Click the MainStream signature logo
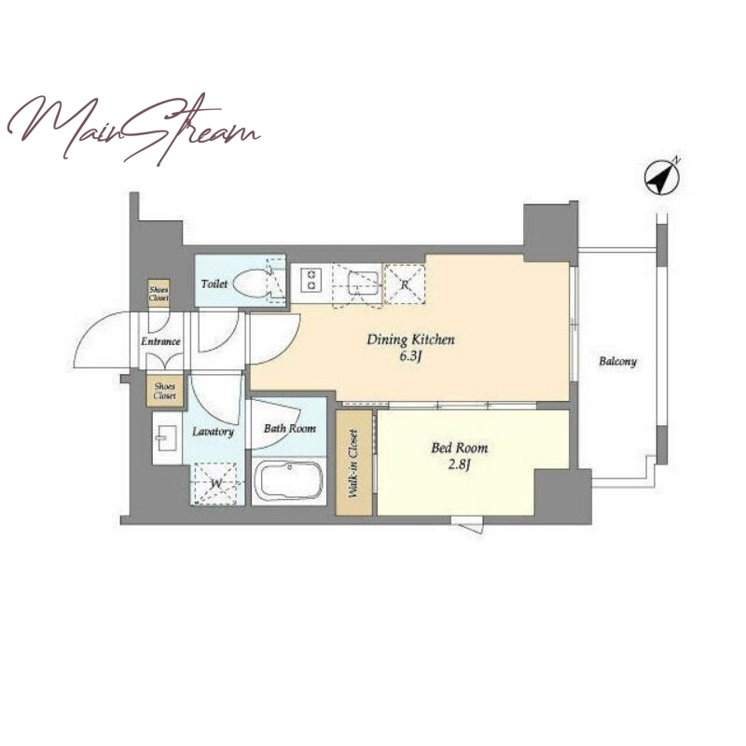point(133,129)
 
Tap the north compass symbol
point(662,176)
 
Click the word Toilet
point(214,284)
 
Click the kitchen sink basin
point(363,284)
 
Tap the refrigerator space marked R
point(405,283)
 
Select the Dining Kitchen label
point(410,339)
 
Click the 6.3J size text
point(411,357)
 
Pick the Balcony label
point(617,362)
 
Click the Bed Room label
point(459,448)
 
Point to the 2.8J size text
point(459,464)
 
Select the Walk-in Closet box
point(354,463)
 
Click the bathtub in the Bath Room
point(288,480)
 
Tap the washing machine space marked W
point(215,483)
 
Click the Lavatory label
point(214,432)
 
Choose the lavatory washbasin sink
point(167,437)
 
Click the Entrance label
point(160,341)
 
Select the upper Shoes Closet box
point(159,293)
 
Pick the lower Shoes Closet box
point(165,391)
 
